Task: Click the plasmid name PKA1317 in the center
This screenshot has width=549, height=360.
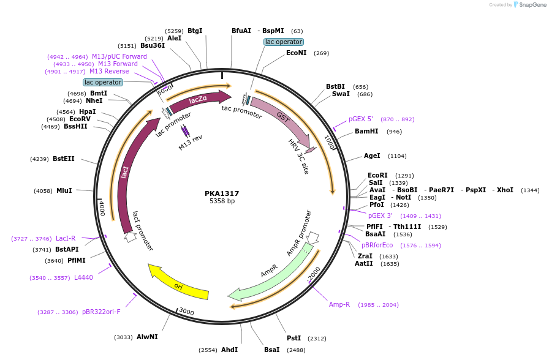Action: (x=222, y=193)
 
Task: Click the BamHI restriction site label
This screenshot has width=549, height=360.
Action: (x=366, y=132)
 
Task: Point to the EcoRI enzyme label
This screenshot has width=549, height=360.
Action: (x=377, y=175)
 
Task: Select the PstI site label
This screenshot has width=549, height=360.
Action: (x=294, y=338)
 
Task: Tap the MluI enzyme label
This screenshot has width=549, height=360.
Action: (x=64, y=191)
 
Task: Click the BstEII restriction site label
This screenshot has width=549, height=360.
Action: (x=64, y=159)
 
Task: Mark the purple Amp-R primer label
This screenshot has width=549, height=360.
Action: (x=339, y=304)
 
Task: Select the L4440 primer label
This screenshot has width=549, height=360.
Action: (x=83, y=278)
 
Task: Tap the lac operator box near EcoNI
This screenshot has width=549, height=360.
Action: (x=283, y=42)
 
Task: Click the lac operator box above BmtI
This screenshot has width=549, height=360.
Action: (x=103, y=82)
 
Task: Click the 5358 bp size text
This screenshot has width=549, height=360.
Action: (x=222, y=201)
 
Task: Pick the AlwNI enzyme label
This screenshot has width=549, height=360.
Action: (x=147, y=337)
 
